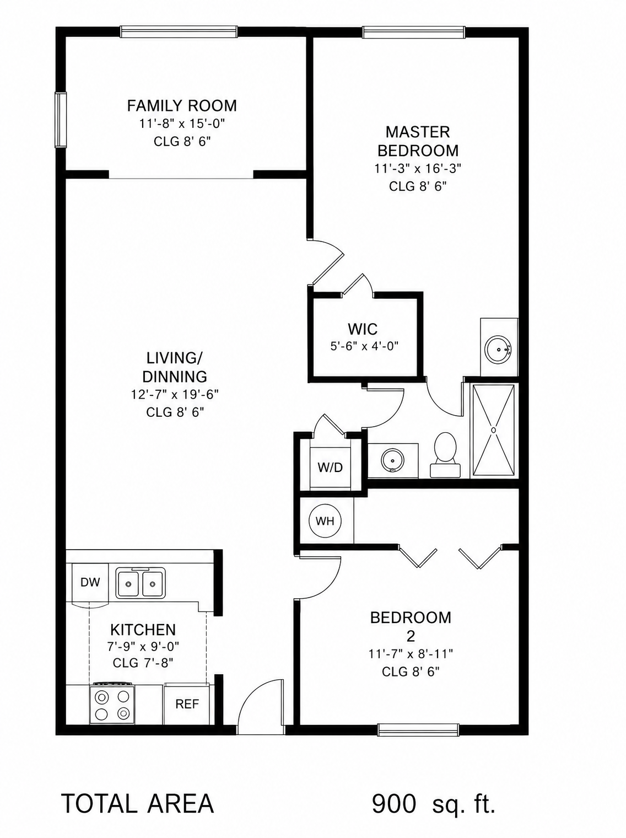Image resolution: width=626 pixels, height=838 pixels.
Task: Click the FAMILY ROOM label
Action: pyautogui.click(x=182, y=106)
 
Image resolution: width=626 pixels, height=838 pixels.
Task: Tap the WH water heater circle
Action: pyautogui.click(x=325, y=521)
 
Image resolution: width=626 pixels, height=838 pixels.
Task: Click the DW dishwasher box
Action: pyautogui.click(x=90, y=582)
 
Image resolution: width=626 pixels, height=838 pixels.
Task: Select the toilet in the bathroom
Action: pyautogui.click(x=445, y=455)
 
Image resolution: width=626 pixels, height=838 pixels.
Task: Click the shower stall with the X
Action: pyautogui.click(x=493, y=431)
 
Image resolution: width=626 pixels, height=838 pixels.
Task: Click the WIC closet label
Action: pyautogui.click(x=363, y=329)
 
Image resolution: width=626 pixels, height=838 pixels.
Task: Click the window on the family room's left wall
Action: pyautogui.click(x=61, y=120)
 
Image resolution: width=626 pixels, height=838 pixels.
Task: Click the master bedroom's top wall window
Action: pyautogui.click(x=413, y=32)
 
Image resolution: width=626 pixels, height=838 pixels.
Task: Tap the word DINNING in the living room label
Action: pyautogui.click(x=175, y=377)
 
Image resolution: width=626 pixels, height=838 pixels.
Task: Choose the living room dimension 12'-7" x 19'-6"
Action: pyautogui.click(x=175, y=394)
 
